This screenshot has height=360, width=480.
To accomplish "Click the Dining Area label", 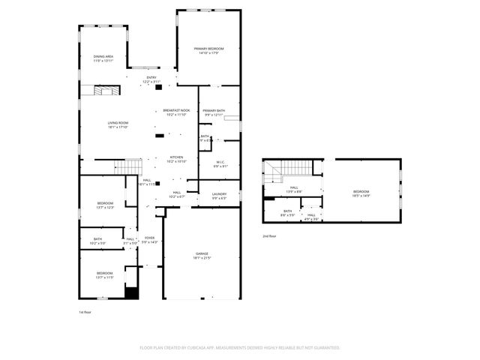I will click(x=103, y=57).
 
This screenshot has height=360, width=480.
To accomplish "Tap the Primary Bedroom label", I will click(x=208, y=50).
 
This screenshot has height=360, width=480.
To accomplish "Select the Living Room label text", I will click(x=118, y=124).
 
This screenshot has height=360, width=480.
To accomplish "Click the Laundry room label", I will click(x=219, y=196).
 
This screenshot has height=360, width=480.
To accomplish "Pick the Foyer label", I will click(x=150, y=240).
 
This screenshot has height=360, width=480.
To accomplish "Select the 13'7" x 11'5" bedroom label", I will click(x=104, y=274).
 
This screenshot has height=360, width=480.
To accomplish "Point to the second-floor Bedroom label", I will click(x=362, y=193).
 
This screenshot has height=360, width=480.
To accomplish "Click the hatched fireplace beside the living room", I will click(x=101, y=91).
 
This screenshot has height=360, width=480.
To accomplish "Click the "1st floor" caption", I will click(x=85, y=312).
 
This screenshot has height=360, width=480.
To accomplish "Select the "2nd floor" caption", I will click(x=269, y=235).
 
